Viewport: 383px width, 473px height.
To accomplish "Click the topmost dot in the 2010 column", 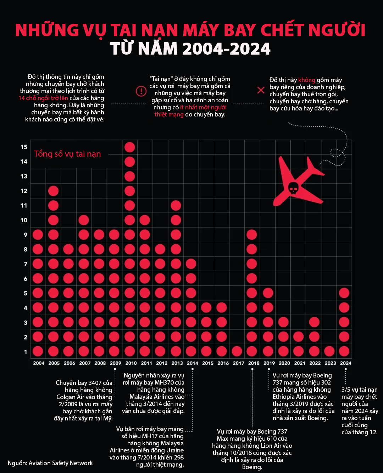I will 130,147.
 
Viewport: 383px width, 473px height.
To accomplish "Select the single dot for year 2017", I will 237,351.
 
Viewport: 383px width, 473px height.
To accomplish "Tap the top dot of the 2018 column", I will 252,235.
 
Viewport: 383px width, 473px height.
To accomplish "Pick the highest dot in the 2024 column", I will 344,293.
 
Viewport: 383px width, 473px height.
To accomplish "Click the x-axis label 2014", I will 193,363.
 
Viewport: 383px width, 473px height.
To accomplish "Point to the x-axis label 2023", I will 330,363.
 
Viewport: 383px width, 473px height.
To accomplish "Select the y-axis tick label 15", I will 24,147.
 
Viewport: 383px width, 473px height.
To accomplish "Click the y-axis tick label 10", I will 24,220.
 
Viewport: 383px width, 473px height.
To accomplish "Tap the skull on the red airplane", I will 293,188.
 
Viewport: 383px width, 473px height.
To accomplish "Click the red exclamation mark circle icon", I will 141,91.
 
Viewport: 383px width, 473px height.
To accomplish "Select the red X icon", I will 261,90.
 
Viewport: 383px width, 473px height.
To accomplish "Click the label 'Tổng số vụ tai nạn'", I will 67,154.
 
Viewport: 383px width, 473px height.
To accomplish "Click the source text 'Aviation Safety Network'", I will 61,463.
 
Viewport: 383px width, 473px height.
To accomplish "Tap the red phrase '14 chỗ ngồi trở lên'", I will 43,98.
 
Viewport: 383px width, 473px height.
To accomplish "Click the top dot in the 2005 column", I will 53,191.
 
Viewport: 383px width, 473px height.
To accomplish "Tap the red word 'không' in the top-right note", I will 306,80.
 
